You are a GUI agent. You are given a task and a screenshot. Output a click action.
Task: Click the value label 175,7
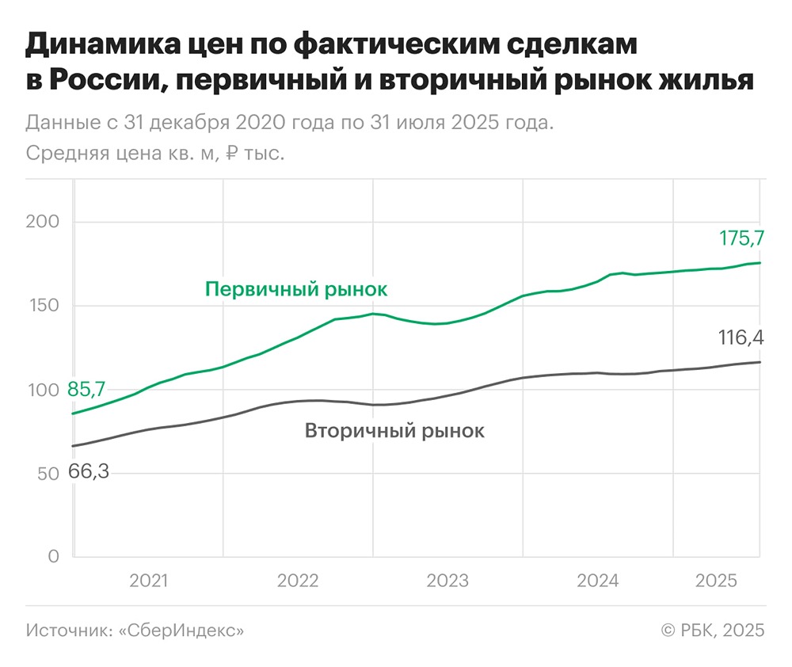click(741, 238)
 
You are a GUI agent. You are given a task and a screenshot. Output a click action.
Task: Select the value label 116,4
click(741, 338)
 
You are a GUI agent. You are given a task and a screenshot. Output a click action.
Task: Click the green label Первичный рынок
click(296, 289)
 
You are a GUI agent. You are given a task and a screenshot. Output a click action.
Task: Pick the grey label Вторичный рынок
click(394, 432)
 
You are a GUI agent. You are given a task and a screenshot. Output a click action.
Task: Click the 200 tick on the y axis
click(43, 222)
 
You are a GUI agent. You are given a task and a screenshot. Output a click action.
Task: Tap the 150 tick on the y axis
click(43, 306)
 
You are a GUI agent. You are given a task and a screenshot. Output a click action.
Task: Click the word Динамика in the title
click(95, 47)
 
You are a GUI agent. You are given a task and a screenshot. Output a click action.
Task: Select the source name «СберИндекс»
click(181, 631)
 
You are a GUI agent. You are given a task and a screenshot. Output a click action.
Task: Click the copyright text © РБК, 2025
click(712, 631)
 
